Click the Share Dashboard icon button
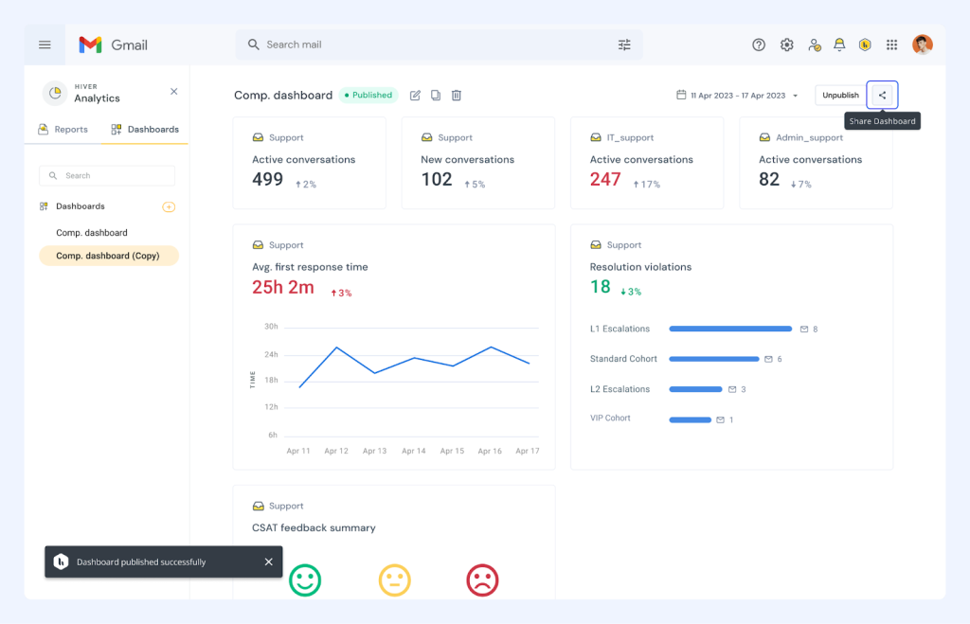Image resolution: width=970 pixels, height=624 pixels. (x=882, y=95)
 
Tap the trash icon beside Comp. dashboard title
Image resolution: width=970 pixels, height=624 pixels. (x=457, y=96)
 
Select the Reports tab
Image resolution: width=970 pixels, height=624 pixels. (x=63, y=130)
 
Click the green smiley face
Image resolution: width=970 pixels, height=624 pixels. (x=305, y=579)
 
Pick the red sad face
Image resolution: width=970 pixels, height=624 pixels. (x=482, y=579)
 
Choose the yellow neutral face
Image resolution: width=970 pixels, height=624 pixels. (x=394, y=579)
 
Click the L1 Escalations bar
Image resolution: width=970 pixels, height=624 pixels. (x=730, y=329)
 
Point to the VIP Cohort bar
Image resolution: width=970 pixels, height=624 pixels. (x=690, y=419)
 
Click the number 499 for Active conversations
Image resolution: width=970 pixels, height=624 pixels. (x=268, y=180)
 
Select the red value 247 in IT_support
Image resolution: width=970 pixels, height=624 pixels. (x=605, y=180)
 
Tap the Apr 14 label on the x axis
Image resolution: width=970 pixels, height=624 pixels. (x=413, y=452)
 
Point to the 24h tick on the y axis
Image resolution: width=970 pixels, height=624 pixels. (x=271, y=354)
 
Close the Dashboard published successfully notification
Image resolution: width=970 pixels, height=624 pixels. (x=268, y=562)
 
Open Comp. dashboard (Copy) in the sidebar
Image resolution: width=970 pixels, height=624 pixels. (x=108, y=256)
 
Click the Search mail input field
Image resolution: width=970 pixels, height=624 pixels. (x=426, y=45)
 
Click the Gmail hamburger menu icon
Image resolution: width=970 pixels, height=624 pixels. (x=45, y=45)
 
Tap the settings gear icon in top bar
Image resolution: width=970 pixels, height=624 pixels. (x=786, y=45)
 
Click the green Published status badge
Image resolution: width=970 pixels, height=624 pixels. (x=368, y=95)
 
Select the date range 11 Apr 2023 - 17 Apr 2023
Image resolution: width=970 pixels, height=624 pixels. (x=738, y=96)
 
